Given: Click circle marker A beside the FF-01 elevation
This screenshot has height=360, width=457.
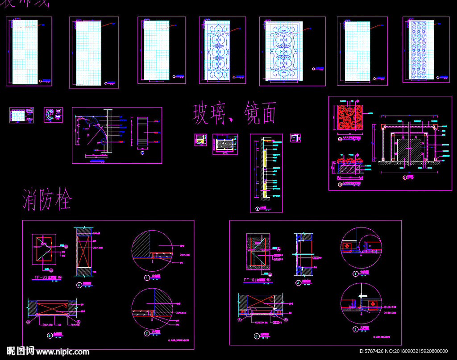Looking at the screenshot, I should point(298,283).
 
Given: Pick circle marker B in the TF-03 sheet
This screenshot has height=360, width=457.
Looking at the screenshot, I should point(50,335).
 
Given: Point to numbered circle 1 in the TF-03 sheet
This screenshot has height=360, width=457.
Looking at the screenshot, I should point(146,277).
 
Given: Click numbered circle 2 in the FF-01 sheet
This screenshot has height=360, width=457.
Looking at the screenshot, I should point(355,330).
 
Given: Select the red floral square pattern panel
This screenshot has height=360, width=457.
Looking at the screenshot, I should point(350,118).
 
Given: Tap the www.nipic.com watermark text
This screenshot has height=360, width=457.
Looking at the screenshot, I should point(62,352).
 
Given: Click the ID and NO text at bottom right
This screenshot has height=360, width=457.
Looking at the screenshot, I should point(403,352).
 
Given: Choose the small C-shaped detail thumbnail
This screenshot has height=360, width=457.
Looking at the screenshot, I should point(50,115).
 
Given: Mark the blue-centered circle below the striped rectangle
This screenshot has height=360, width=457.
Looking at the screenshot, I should point(142,153).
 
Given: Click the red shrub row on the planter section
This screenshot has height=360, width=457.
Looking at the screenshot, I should point(349,160).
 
